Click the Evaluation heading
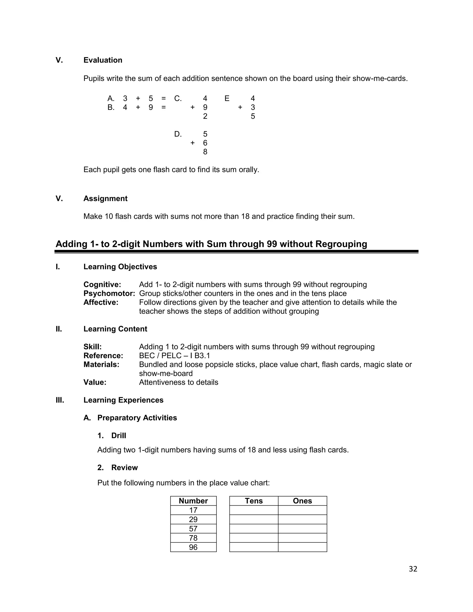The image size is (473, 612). click(x=103, y=60)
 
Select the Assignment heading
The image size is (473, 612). click(x=105, y=198)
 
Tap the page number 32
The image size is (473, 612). click(x=413, y=569)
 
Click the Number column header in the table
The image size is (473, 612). click(x=193, y=501)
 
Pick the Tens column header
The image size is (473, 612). click(x=254, y=501)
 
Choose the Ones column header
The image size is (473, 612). click(x=302, y=501)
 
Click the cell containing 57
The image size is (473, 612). click(x=193, y=528)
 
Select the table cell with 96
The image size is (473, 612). click(x=193, y=547)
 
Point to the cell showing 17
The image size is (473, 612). click(x=193, y=510)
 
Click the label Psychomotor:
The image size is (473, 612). click(x=109, y=293)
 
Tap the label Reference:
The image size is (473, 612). click(x=103, y=356)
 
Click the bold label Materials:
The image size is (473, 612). click(x=101, y=365)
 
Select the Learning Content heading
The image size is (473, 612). click(x=115, y=329)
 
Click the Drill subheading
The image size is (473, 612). click(x=118, y=436)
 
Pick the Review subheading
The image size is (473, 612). click(x=124, y=467)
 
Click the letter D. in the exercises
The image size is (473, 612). click(x=178, y=134)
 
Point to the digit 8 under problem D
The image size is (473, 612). click(x=205, y=152)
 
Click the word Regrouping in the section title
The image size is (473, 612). click(x=341, y=244)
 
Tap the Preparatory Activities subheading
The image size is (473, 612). click(x=137, y=418)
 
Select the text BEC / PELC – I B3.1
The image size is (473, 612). click(x=174, y=356)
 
